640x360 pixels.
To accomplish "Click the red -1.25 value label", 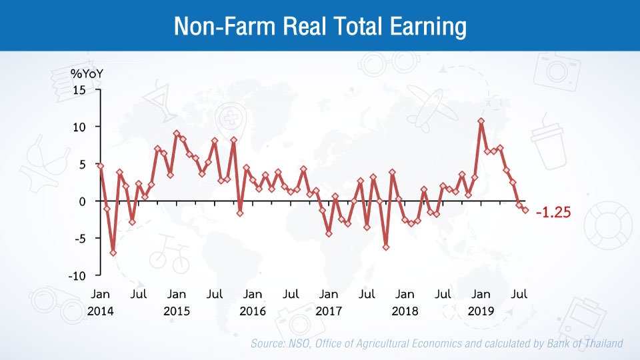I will (552, 213).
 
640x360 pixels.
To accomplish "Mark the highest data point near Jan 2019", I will (481, 121).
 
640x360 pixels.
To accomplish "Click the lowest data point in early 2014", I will (113, 253).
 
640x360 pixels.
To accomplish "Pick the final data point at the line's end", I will (525, 210).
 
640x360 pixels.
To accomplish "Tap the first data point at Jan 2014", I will (101, 166).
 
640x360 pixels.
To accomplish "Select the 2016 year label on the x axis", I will (253, 311).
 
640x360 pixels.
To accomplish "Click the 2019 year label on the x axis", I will (481, 311).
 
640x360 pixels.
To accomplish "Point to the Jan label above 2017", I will (329, 294).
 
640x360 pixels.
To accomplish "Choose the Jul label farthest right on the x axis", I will (519, 294).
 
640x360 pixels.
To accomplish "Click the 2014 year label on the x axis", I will (101, 311).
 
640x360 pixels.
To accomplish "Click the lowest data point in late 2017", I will (385, 247).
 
